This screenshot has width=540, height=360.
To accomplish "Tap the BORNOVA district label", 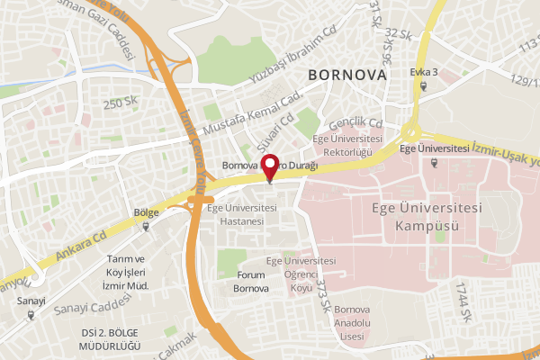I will click(347, 75).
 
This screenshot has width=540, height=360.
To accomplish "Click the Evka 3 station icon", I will click(423, 87).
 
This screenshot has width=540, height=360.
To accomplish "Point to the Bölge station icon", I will click(146, 228).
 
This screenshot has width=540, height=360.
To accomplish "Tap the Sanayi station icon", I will click(31, 315).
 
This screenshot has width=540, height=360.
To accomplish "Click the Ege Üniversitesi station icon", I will click(435, 163).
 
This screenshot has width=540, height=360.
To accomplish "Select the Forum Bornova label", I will click(251, 282).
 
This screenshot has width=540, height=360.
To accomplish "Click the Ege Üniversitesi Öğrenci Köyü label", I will click(301, 274).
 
